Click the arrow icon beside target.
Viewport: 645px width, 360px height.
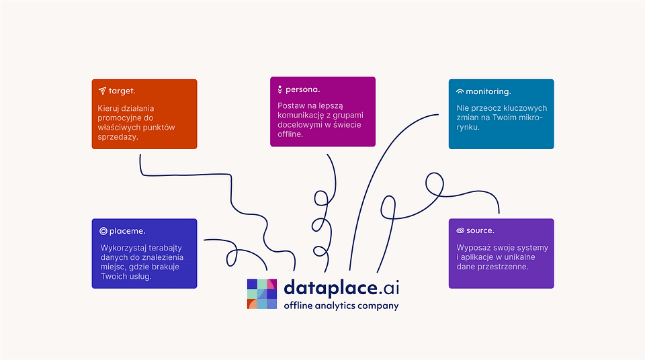(102, 91)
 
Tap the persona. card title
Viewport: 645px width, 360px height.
(303, 89)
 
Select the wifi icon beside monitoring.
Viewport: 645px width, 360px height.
(460, 91)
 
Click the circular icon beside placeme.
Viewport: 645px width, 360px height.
(103, 231)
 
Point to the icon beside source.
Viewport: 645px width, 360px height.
(460, 230)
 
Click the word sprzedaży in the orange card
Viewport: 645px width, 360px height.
(118, 136)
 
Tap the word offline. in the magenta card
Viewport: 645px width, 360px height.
(290, 134)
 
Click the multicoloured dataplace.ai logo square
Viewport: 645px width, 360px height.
(262, 294)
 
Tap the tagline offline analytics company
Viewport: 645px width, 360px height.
(341, 306)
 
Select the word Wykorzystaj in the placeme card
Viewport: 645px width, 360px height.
(122, 247)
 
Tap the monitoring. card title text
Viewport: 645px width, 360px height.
(488, 91)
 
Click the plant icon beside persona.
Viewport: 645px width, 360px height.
(279, 89)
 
